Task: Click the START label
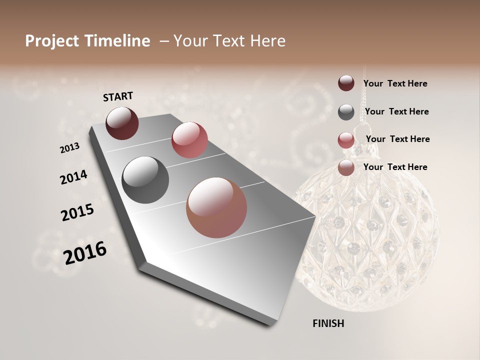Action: tap(118, 96)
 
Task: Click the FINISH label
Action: tap(328, 323)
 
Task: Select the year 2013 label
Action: tap(70, 148)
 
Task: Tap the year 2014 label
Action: tap(73, 177)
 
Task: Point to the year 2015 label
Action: tap(77, 212)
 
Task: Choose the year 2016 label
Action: tap(85, 252)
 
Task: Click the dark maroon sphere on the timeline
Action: tap(122, 123)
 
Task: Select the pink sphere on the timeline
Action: tap(189, 140)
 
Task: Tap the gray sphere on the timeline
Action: tap(145, 180)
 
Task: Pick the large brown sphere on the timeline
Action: tap(216, 207)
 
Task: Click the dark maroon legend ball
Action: tap(346, 83)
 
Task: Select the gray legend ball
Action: tap(346, 112)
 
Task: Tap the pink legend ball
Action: tap(346, 140)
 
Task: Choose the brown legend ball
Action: tap(346, 167)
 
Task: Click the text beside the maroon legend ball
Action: tap(395, 83)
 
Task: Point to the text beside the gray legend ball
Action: tap(396, 111)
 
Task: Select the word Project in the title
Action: tap(51, 41)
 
